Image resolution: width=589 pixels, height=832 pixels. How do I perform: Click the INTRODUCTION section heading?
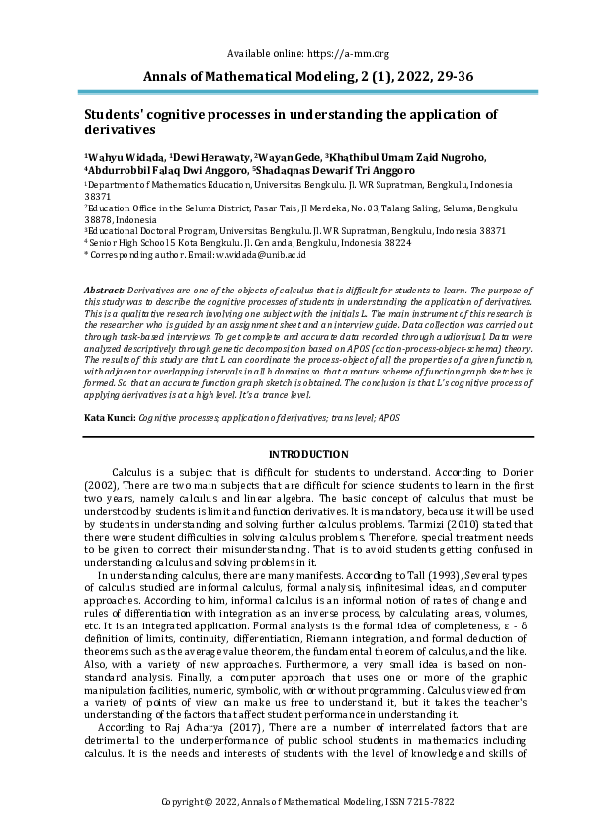(294, 454)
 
